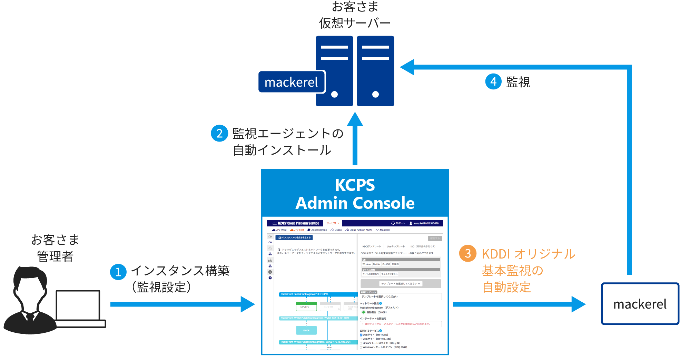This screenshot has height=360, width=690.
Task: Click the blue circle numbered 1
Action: pos(118,272)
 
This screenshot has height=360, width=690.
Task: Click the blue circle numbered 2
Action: pos(219,133)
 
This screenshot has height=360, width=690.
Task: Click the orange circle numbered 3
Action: pos(467,253)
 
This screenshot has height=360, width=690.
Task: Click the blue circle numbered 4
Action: pos(493,81)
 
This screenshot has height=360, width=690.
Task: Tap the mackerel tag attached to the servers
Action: pos(292,82)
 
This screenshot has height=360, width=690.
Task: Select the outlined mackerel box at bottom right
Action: pos(640,304)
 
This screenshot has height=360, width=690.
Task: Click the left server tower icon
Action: pos(334,71)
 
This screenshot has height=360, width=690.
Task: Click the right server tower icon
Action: pos(375,71)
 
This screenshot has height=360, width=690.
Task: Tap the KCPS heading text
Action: pos(355,185)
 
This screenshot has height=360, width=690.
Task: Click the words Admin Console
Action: pos(355,203)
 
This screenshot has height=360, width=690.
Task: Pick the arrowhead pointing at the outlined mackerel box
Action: pos(578,304)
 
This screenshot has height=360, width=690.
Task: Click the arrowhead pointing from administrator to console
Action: pos(247,304)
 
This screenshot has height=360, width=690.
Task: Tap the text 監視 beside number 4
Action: pos(518,82)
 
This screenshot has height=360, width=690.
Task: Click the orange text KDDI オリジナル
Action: pos(529,254)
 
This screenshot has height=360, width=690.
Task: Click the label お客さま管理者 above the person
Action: pos(55,248)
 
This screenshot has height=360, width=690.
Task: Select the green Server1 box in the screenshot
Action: pos(306,306)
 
